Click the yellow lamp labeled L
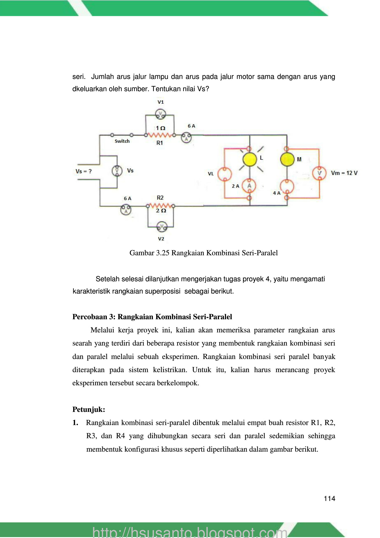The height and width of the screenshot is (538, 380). [250, 159]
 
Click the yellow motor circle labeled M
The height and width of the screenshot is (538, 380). [287, 159]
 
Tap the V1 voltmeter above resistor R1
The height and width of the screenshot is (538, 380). [161, 114]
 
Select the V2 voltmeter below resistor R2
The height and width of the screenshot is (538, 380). [162, 227]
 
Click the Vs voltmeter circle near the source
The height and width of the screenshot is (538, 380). [117, 171]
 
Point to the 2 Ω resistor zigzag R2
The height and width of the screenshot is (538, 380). [160, 206]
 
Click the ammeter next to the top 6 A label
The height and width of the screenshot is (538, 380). [186, 138]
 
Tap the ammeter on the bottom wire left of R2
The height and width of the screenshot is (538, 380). [126, 210]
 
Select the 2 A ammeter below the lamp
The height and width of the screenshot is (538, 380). [249, 186]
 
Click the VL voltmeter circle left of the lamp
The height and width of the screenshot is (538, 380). [224, 174]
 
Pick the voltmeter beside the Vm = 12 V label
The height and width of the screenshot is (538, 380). [319, 173]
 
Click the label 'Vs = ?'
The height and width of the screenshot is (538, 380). [84, 171]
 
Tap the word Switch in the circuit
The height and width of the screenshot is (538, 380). [122, 141]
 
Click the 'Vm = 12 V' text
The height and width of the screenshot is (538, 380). [344, 173]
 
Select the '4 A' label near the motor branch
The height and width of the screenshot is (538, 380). [277, 193]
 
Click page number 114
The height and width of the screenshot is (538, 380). [329, 499]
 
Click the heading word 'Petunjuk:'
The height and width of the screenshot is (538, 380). [89, 409]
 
